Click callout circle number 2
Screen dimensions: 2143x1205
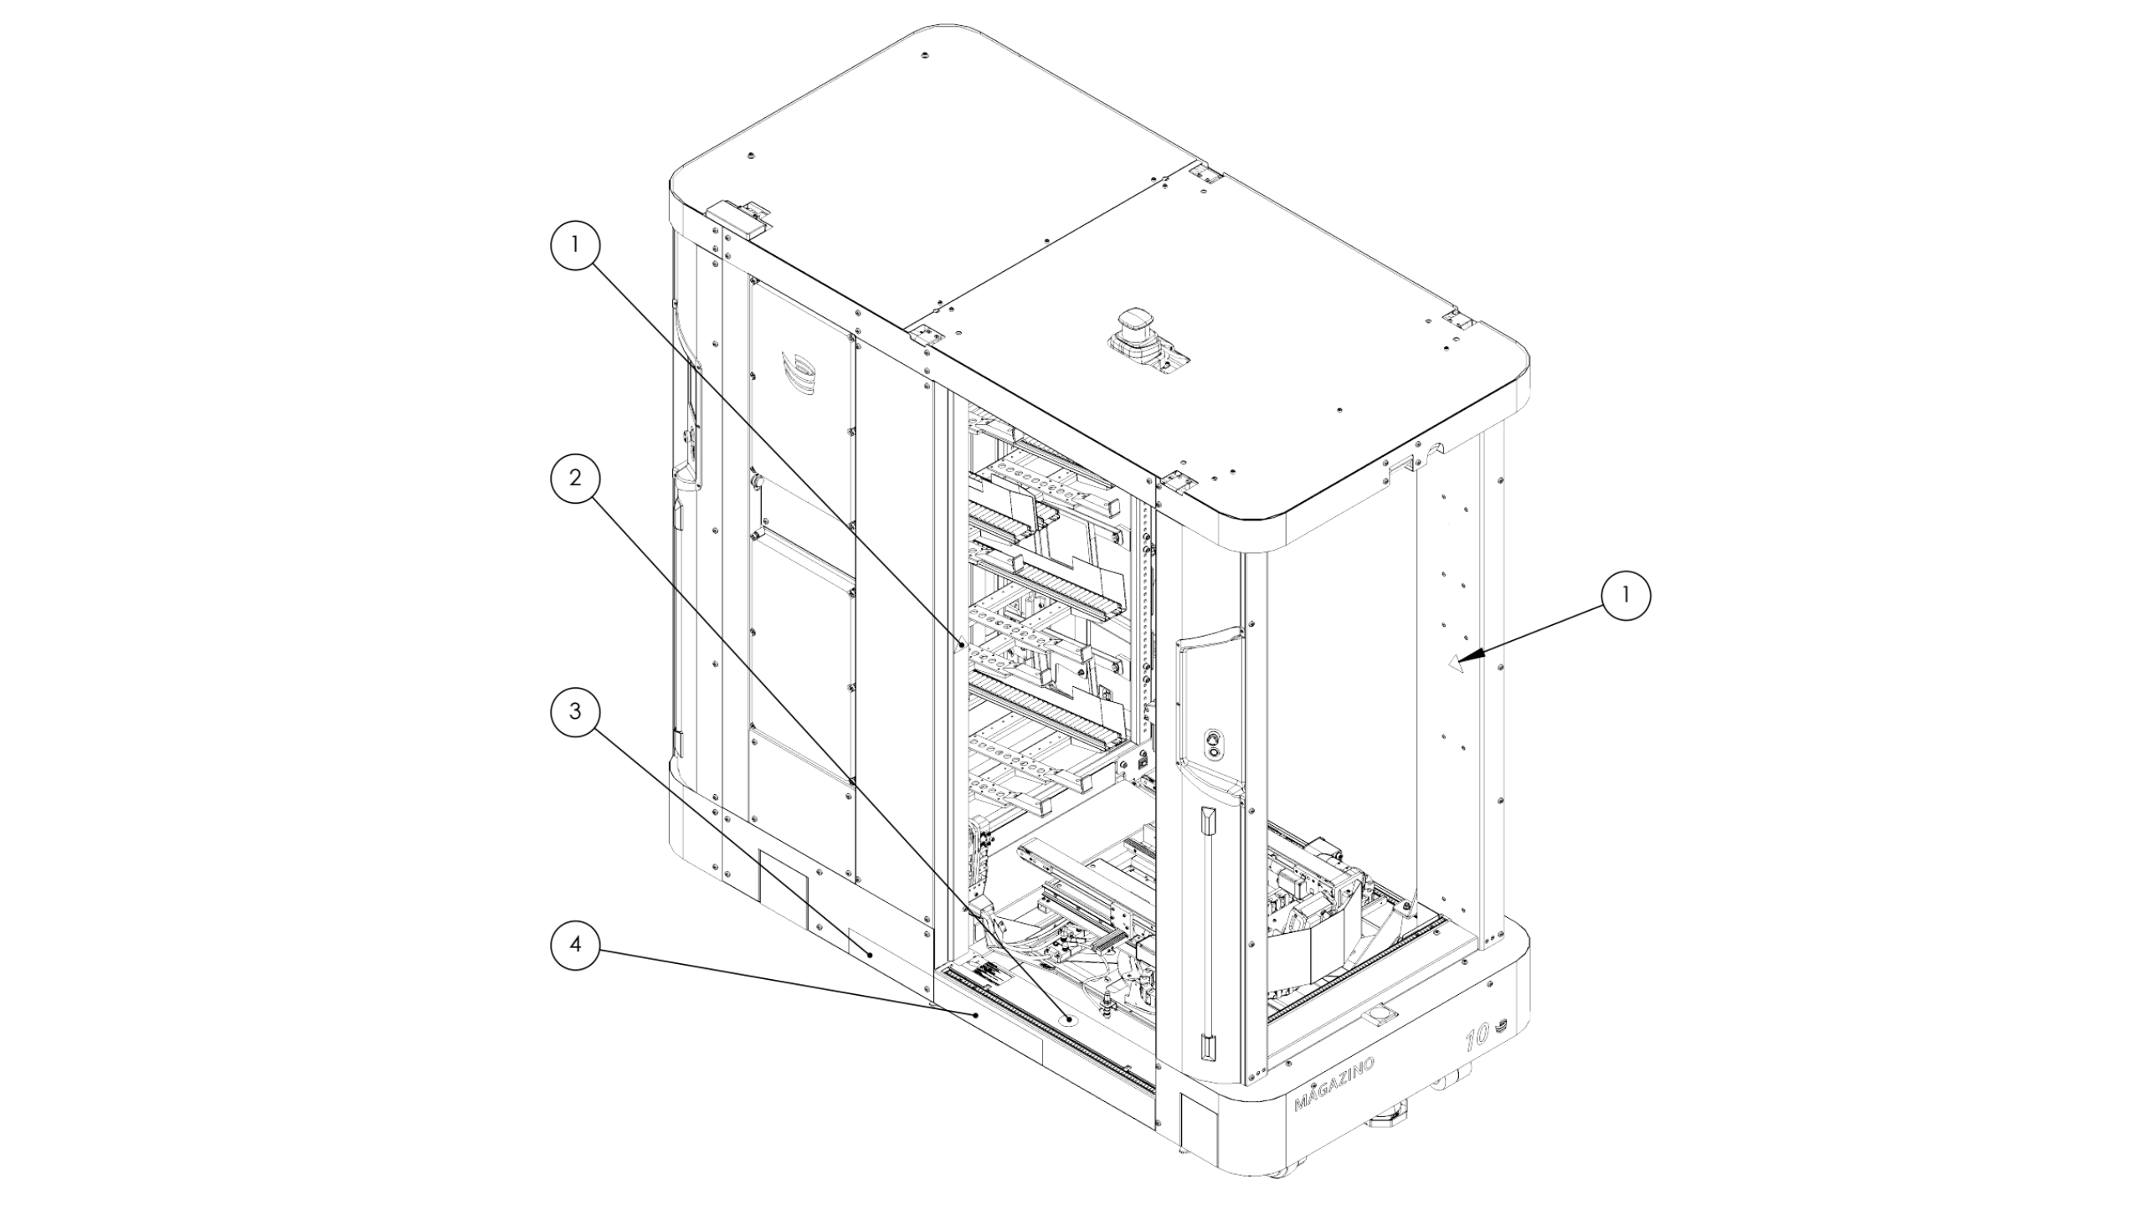coord(575,478)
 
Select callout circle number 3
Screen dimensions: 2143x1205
coord(575,711)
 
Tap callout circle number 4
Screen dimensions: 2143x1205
coord(575,945)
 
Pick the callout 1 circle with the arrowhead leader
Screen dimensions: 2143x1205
coord(1626,595)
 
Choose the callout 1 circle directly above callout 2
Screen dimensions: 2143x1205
coord(575,244)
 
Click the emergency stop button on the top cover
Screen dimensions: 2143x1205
coord(1137,332)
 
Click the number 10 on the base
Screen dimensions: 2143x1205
coord(1476,1038)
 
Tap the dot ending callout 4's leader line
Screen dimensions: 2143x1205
coord(976,1014)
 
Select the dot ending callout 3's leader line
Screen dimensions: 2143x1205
coord(871,954)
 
